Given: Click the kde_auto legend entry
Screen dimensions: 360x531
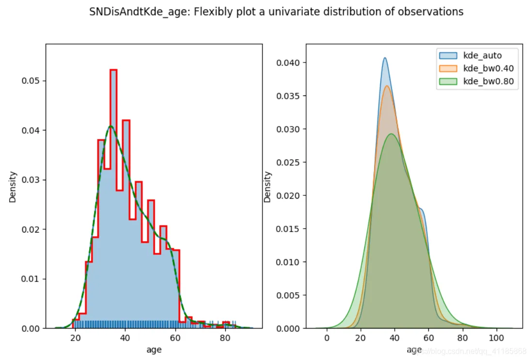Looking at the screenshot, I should [x=483, y=56].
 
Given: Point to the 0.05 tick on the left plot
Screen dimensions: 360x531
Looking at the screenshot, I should [x=31, y=80].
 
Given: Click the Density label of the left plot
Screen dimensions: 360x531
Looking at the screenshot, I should [x=13, y=187].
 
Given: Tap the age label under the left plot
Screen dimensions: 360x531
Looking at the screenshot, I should [x=154, y=349].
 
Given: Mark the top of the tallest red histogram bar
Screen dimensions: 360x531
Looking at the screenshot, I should [x=113, y=70].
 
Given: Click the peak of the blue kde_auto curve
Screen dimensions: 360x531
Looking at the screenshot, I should [x=385, y=58].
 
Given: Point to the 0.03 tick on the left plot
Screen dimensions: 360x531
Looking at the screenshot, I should [x=31, y=180].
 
